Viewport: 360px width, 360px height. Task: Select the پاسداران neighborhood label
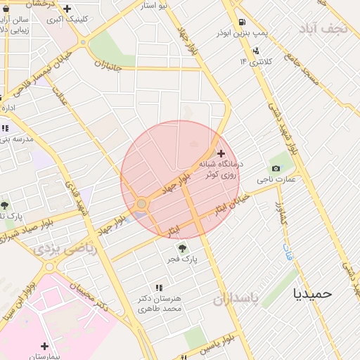236,300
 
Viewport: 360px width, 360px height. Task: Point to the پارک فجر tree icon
183,247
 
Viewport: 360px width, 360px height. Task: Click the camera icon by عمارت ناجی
276,169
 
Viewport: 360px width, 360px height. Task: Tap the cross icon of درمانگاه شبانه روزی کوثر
221,153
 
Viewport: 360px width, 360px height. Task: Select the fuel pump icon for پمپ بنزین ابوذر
243,22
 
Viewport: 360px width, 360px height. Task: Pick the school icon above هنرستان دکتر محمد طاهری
159,288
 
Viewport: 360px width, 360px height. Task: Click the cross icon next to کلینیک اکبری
67,9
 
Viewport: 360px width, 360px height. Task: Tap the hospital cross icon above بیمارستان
45,346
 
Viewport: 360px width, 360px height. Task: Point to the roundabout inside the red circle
141,204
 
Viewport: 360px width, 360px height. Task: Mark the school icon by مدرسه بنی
6,128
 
